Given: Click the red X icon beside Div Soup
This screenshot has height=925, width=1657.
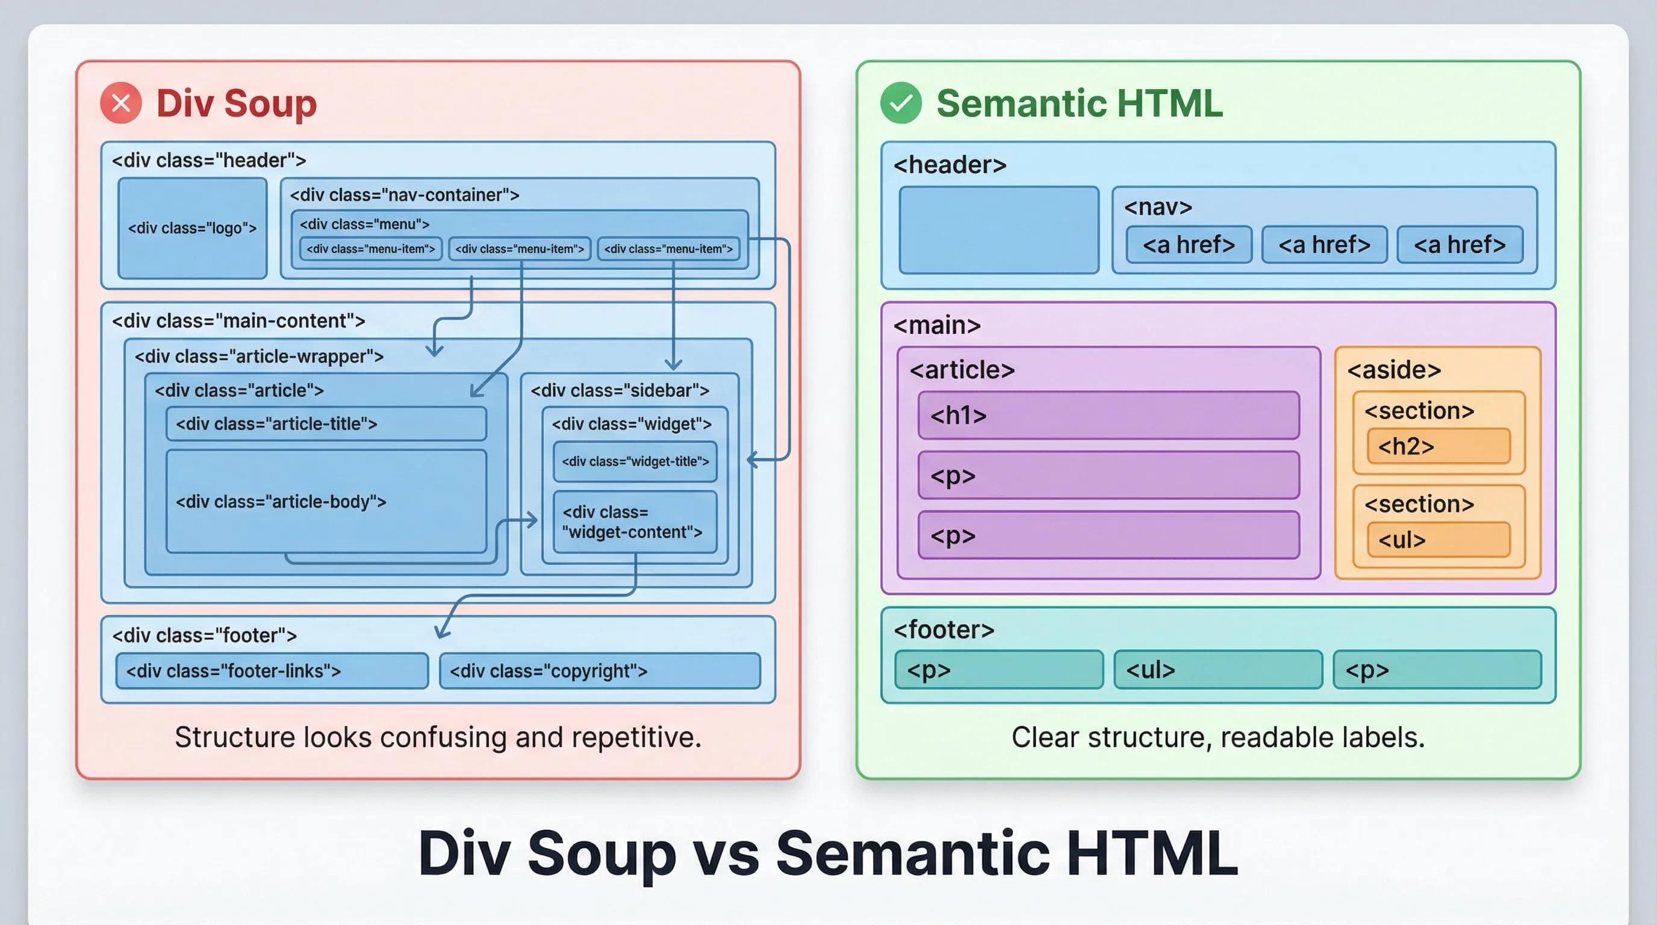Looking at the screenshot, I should point(121,103).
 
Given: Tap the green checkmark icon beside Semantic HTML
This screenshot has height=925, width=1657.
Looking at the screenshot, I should point(901,103).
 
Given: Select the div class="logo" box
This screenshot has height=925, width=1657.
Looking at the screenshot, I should point(192,228).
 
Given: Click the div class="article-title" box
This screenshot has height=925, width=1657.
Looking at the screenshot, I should point(326,424).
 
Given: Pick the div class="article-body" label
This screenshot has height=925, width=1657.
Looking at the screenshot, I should point(281,502).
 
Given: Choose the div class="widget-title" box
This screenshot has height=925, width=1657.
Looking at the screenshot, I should point(635,461).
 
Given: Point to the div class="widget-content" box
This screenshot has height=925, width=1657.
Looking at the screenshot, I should point(635,522).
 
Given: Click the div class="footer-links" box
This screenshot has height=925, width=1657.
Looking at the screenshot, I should point(272,671).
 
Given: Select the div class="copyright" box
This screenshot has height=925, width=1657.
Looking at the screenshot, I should point(600,671).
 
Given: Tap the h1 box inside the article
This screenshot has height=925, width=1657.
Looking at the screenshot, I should point(1108,416).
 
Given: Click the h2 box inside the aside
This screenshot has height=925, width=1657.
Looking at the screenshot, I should point(1438,446).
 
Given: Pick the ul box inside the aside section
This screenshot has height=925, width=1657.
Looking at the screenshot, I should point(1438,540).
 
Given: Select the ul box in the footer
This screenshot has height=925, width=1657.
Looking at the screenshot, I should point(1217,670).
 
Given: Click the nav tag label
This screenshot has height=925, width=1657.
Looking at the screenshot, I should point(1158,207).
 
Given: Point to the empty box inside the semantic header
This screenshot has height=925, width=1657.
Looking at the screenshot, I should point(998,230).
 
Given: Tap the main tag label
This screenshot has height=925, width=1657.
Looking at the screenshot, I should point(936,325).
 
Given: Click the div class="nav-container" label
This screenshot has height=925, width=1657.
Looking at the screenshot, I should point(405,195).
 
